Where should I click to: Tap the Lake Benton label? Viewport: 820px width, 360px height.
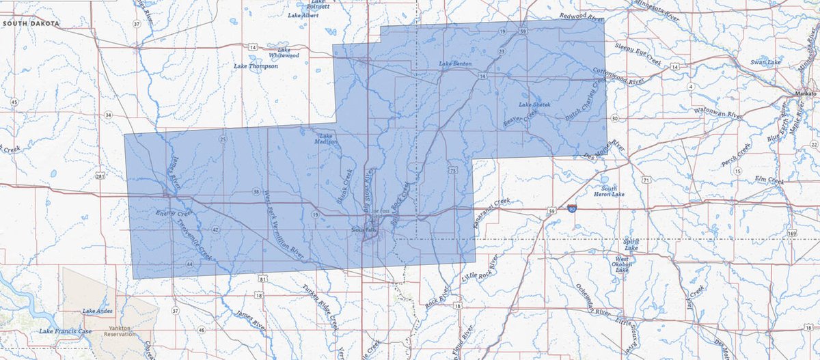(x=455, y=64)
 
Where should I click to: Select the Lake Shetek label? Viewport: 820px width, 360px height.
(x=534, y=105)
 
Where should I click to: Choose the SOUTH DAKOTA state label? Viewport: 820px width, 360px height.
(x=31, y=23)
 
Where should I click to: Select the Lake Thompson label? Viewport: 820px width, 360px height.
(x=256, y=66)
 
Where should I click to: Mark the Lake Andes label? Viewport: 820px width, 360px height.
(x=97, y=311)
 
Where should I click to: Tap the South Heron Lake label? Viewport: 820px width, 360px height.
(x=609, y=191)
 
